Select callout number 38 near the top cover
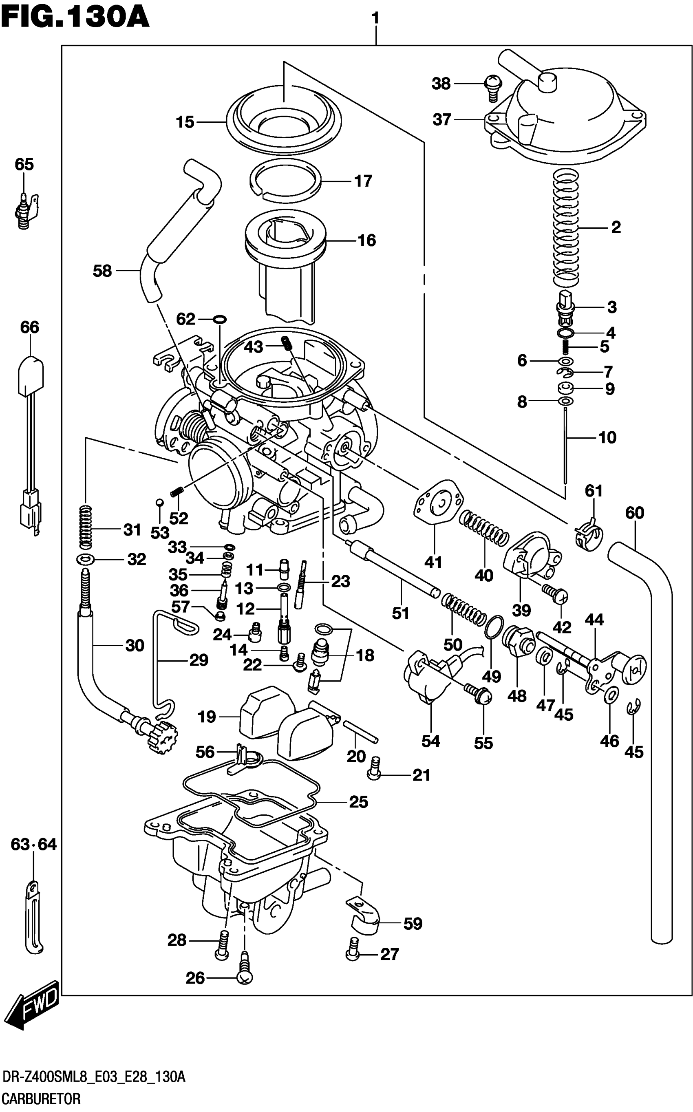pos(441,84)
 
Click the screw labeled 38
pos(493,88)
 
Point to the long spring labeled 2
pos(566,227)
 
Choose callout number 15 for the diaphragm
pos(185,122)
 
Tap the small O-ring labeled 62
pos(220,319)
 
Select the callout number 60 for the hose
pos(634,513)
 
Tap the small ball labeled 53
pos(159,502)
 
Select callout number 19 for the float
pos(207,717)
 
